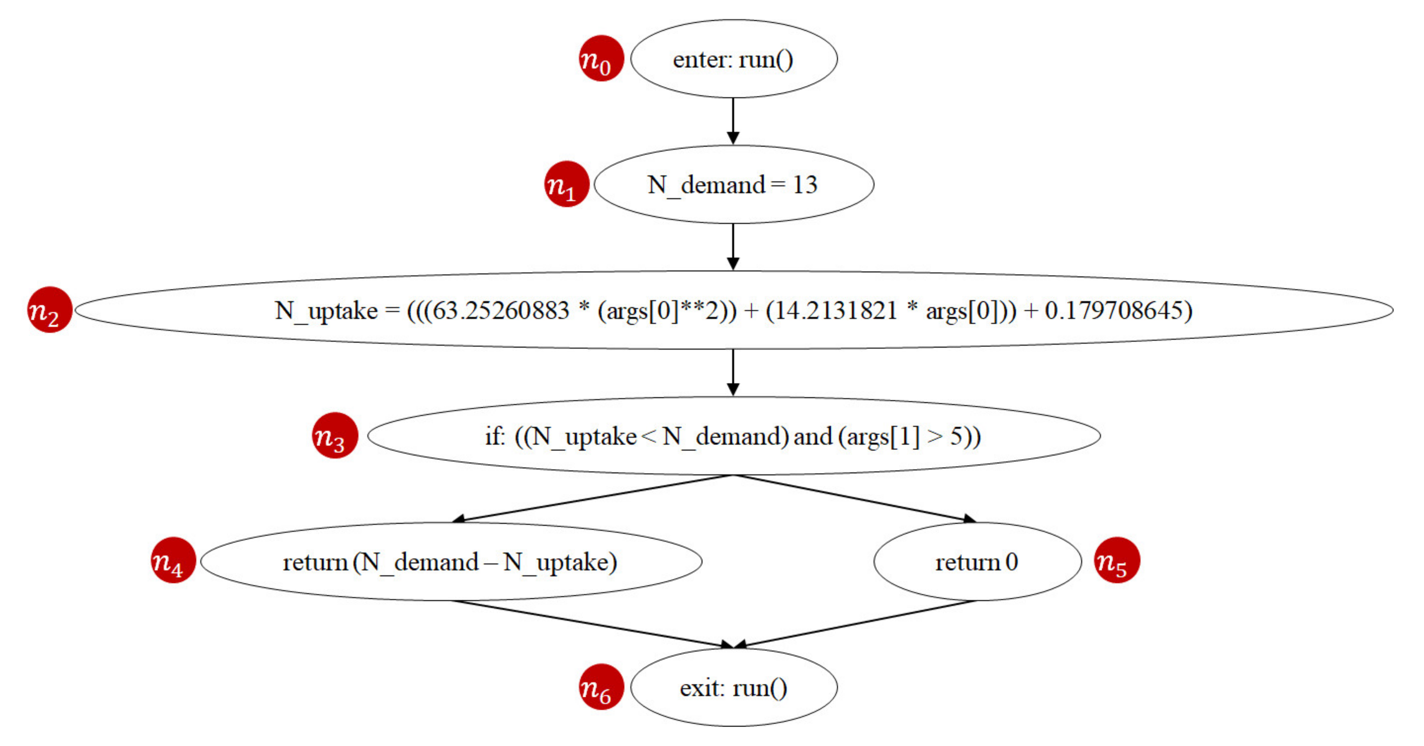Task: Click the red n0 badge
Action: [x=601, y=59]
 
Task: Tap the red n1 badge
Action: [x=567, y=184]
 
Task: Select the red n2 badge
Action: [x=50, y=310]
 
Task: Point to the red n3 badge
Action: [x=335, y=436]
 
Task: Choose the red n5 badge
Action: [x=1117, y=560]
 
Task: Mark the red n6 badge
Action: [x=601, y=687]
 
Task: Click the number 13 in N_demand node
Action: [x=804, y=184]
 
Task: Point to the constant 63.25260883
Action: [x=500, y=311]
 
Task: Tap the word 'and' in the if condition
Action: [x=813, y=437]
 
